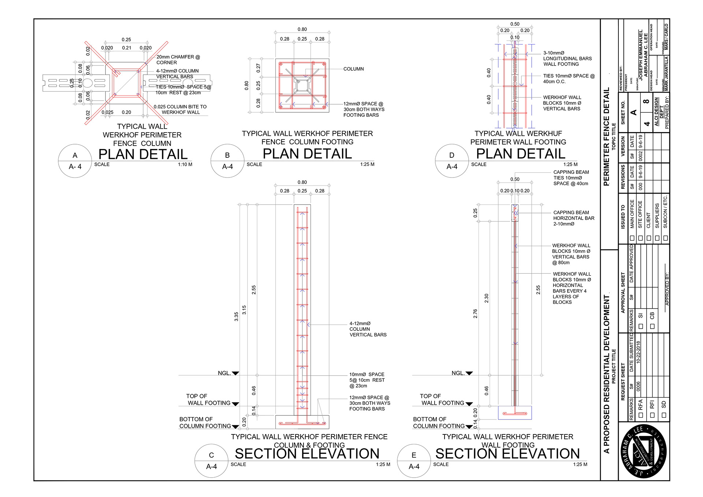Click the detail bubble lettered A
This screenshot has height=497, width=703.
(x=75, y=161)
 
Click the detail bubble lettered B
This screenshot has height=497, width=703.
(x=227, y=161)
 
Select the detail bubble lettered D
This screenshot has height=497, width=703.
(x=452, y=161)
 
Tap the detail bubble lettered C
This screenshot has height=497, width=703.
(x=211, y=461)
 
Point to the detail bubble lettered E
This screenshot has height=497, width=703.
(x=414, y=461)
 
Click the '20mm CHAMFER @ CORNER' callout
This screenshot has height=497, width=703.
(x=178, y=60)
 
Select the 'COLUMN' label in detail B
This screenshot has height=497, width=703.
(x=353, y=69)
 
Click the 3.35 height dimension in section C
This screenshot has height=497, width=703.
(x=236, y=317)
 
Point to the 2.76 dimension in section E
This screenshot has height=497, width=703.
(x=475, y=314)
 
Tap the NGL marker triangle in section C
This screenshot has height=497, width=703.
(x=235, y=373)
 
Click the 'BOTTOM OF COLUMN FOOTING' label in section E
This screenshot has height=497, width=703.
(x=438, y=423)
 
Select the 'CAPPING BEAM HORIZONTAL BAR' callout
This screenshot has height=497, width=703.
(x=573, y=218)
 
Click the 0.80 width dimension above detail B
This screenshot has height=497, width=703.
(x=302, y=29)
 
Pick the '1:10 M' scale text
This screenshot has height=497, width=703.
(x=185, y=165)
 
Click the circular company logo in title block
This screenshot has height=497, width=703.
(x=644, y=451)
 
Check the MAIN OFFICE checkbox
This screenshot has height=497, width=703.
(x=632, y=238)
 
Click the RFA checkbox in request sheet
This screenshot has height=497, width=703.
(x=641, y=415)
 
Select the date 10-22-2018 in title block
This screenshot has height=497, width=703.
(x=638, y=352)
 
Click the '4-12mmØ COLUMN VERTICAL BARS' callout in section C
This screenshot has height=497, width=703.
(x=368, y=329)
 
